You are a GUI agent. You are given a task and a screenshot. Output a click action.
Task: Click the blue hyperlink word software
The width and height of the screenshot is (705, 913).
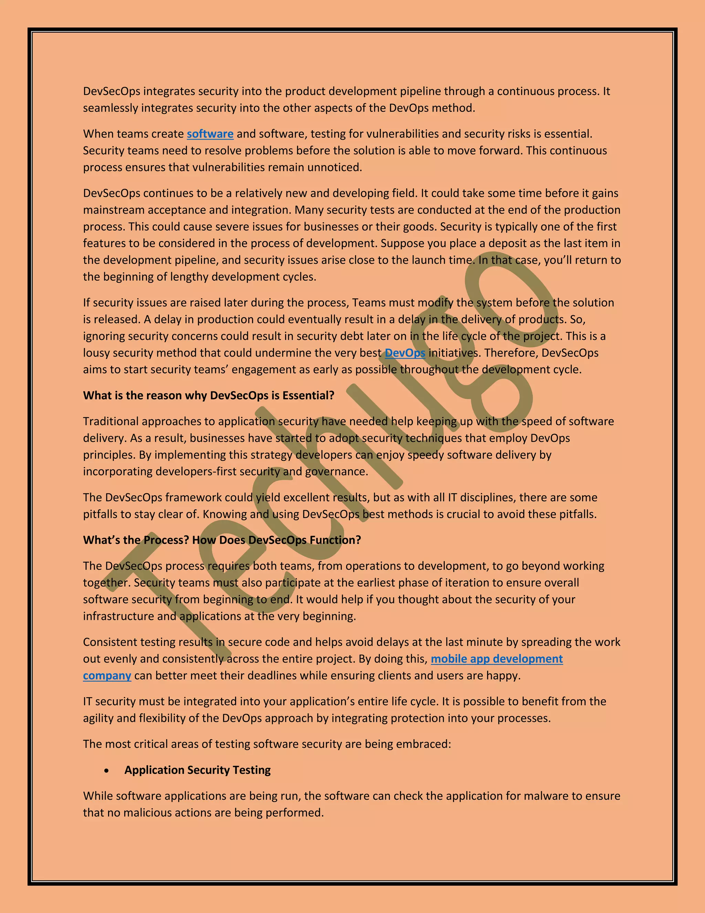click(210, 134)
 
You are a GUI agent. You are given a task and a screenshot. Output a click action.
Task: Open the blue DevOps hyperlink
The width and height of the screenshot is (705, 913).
click(405, 353)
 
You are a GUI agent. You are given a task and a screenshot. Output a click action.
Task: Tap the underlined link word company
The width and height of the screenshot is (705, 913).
click(107, 676)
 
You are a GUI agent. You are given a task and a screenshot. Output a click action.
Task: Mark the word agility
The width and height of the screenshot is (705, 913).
click(98, 718)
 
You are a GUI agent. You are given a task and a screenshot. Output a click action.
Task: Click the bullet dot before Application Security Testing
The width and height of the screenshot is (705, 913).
click(107, 770)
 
